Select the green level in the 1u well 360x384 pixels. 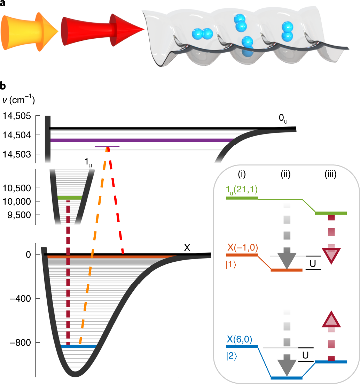tap(70, 198)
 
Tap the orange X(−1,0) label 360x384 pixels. tap(243, 248)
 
